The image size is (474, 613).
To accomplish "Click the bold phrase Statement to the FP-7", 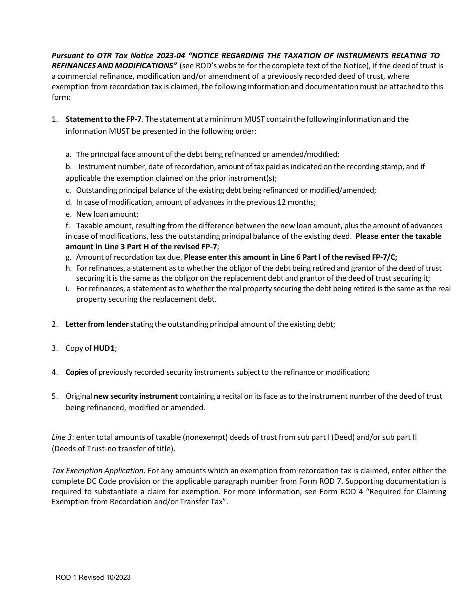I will (x=104, y=119).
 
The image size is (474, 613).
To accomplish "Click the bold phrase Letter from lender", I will (x=97, y=324).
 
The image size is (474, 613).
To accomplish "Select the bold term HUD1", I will (x=105, y=348).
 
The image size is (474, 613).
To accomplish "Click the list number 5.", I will (x=54, y=396).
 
